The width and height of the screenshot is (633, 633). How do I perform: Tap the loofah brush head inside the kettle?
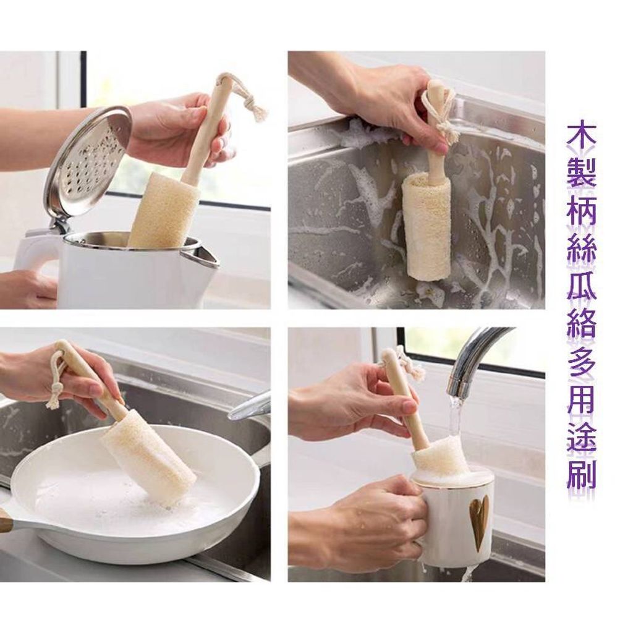coord(163,210)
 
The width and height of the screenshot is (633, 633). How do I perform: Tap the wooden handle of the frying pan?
coord(4,520)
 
